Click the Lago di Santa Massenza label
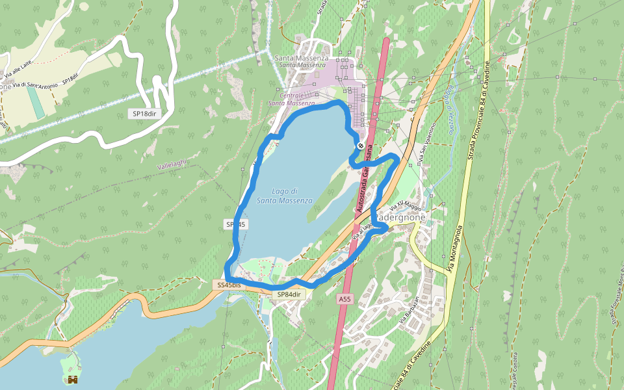pyautogui.click(x=284, y=196)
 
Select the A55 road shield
pyautogui.click(x=345, y=298)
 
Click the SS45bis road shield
pyautogui.click(x=229, y=285)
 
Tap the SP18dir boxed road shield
pyautogui.click(x=144, y=114)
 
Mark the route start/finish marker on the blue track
pyautogui.click(x=360, y=146)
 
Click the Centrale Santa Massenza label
pyautogui.click(x=291, y=99)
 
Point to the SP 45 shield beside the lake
pyautogui.click(x=235, y=224)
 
